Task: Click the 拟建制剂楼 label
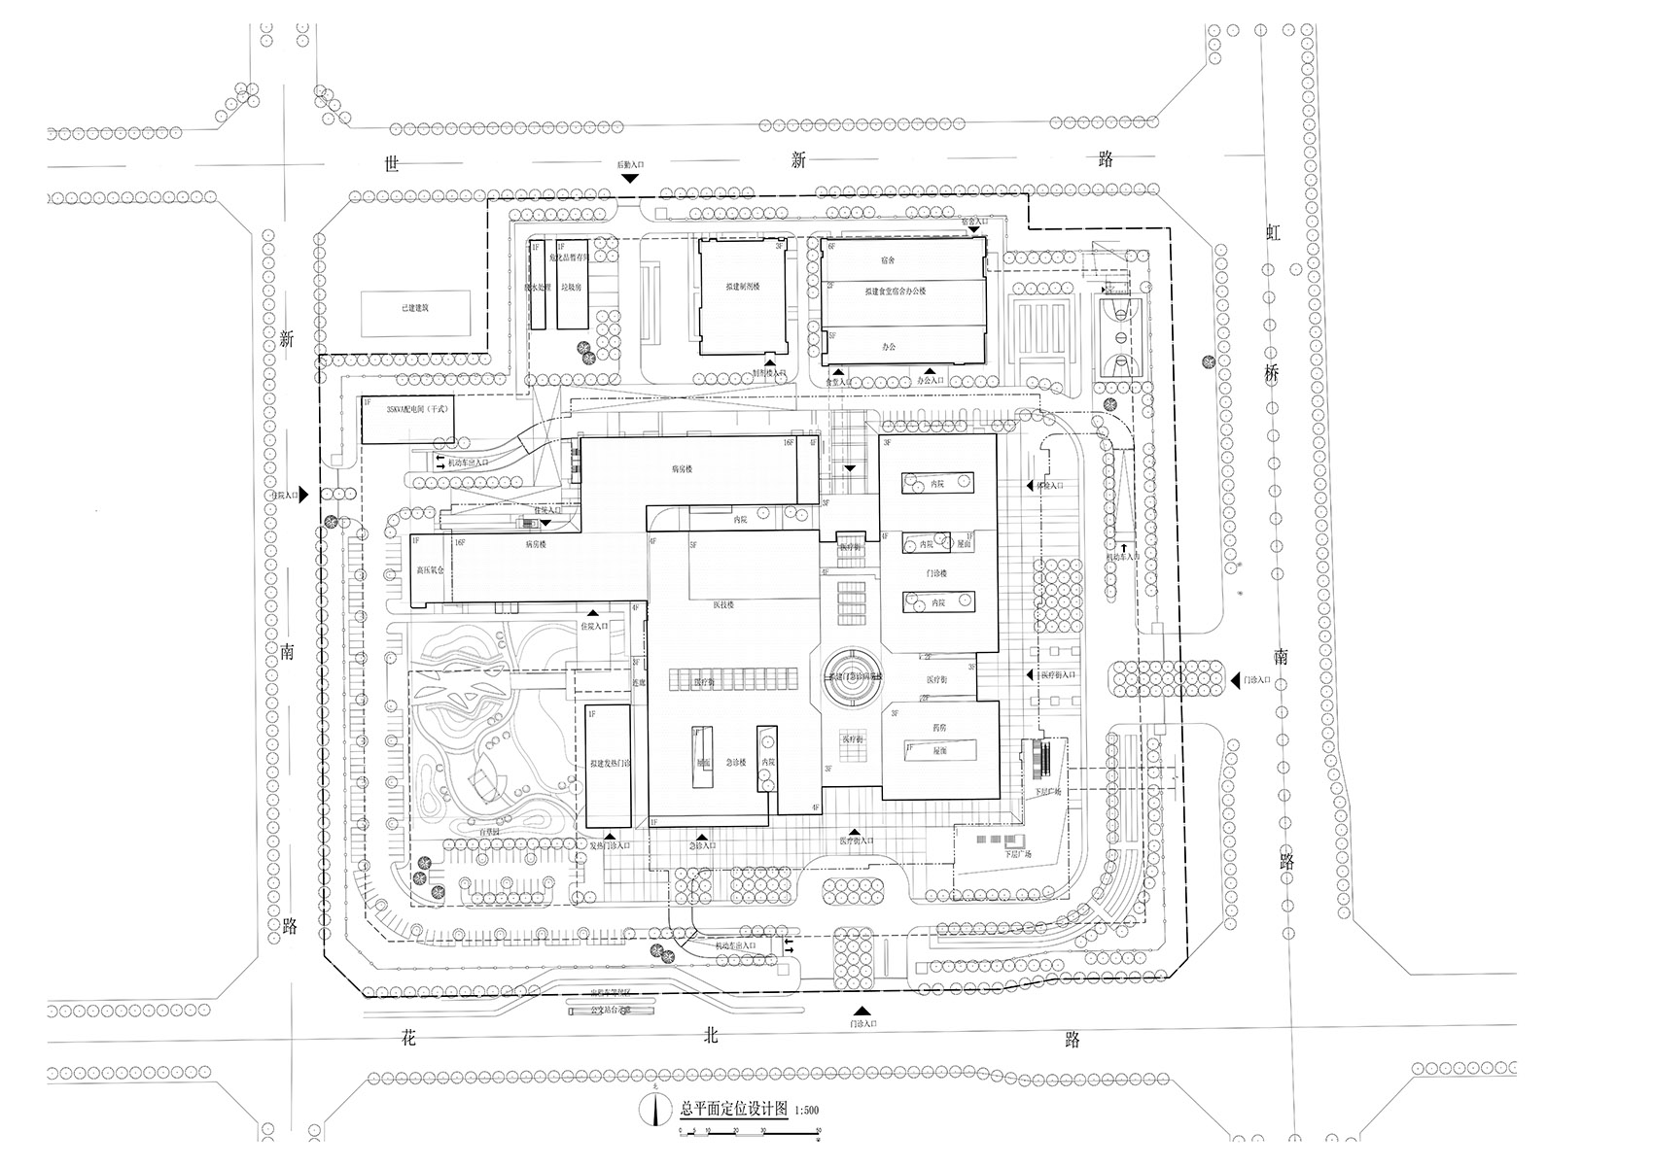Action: [x=742, y=288]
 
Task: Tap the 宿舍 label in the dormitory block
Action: [x=887, y=260]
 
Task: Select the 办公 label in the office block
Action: [x=888, y=347]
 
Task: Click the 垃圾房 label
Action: [x=571, y=288]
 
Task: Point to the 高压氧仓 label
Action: [x=429, y=570]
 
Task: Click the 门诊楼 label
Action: [x=936, y=573]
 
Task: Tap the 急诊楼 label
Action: [x=735, y=763]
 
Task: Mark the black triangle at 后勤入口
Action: [x=630, y=179]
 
